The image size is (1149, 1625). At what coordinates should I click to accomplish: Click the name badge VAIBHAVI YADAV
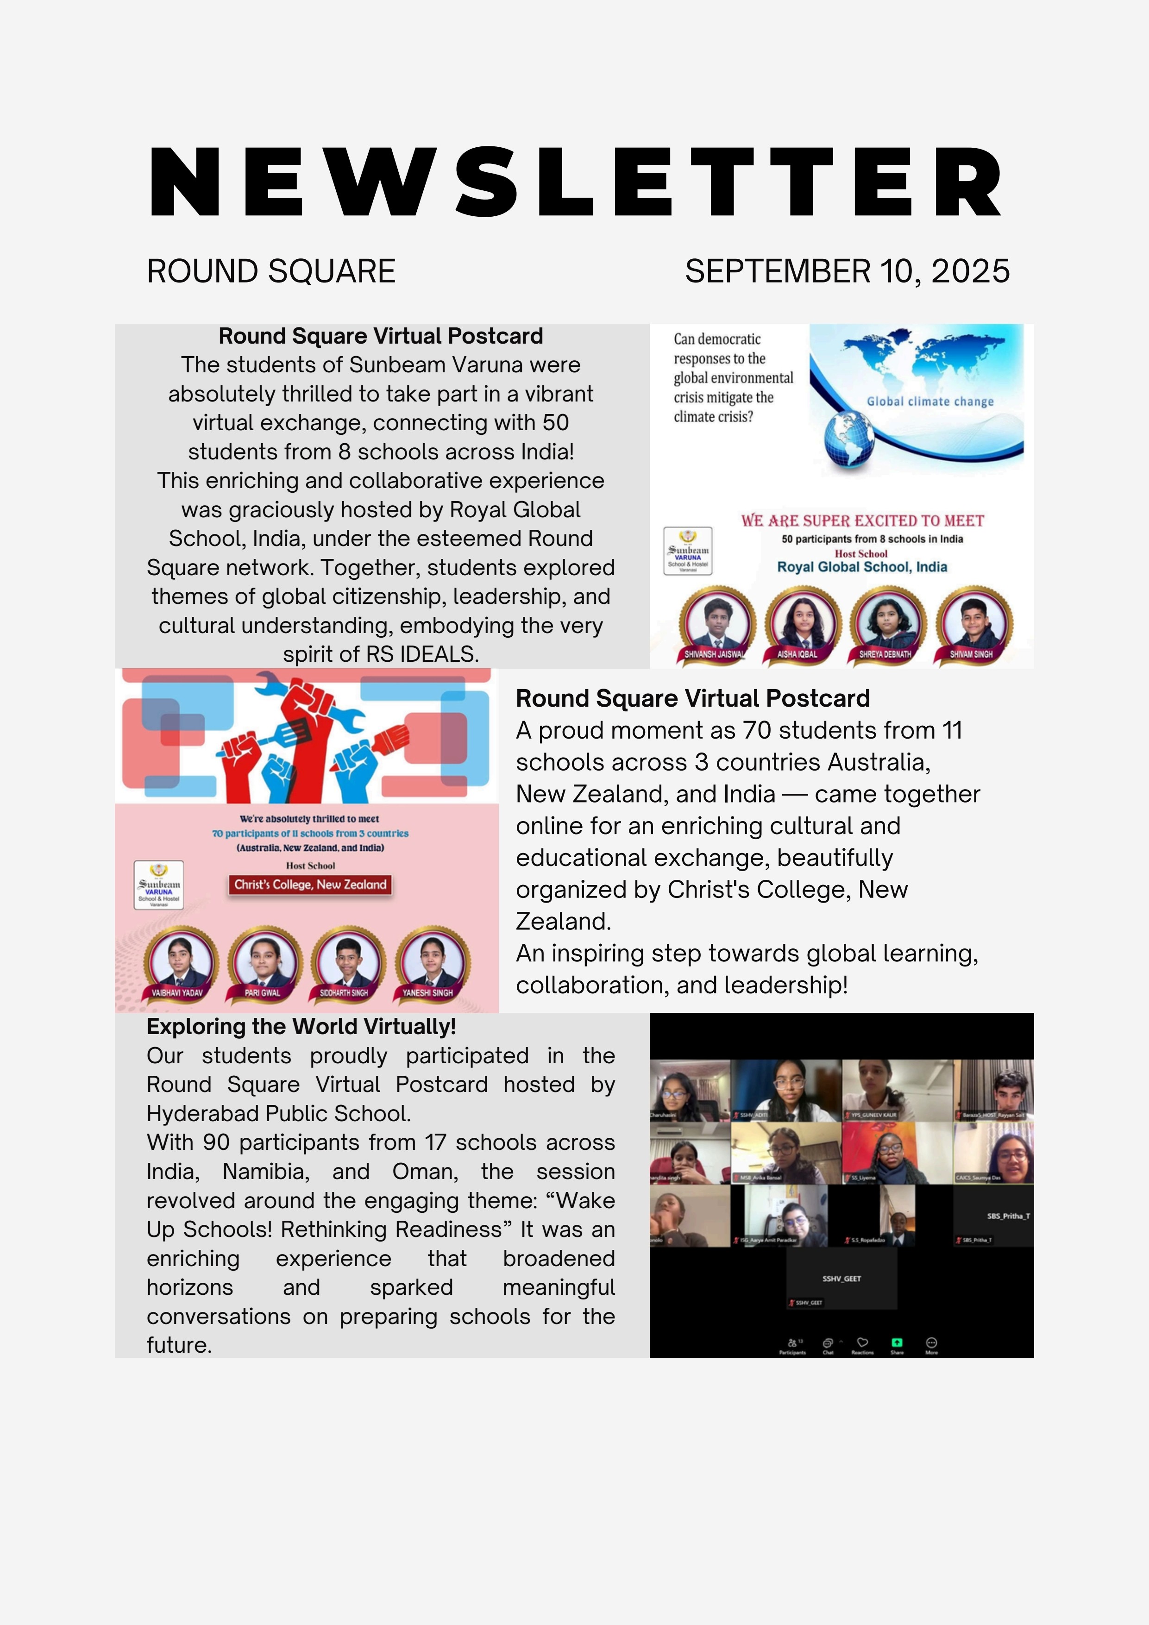(177, 993)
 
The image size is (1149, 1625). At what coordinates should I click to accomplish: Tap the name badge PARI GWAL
(263, 993)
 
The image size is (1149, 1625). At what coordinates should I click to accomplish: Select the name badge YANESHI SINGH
(427, 993)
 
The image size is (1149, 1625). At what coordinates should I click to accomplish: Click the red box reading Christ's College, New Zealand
(310, 885)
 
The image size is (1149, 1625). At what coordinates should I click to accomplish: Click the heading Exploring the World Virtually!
(301, 1026)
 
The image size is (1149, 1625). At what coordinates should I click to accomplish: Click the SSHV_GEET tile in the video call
(842, 1279)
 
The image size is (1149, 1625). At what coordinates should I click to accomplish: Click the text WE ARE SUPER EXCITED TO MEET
(862, 521)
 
